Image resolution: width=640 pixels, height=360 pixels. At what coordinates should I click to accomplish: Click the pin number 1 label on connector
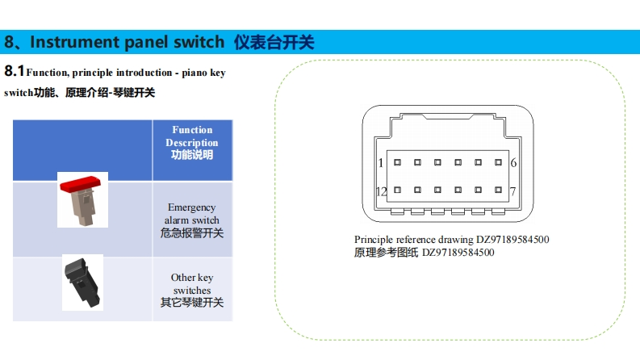[x=381, y=162]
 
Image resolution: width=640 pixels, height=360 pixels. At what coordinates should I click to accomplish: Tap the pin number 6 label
[x=513, y=162]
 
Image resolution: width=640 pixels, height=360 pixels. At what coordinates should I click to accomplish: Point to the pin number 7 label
[x=513, y=191]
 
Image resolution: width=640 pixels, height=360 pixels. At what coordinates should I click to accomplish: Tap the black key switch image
[x=82, y=282]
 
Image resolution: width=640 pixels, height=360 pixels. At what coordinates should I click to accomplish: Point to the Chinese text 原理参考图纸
[x=387, y=253]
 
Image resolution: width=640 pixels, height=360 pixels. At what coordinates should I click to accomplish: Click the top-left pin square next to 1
[x=397, y=162]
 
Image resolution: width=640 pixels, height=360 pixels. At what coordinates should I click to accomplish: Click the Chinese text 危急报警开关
[x=192, y=233]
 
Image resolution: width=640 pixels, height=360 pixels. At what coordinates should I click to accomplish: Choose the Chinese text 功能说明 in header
[x=192, y=155]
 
